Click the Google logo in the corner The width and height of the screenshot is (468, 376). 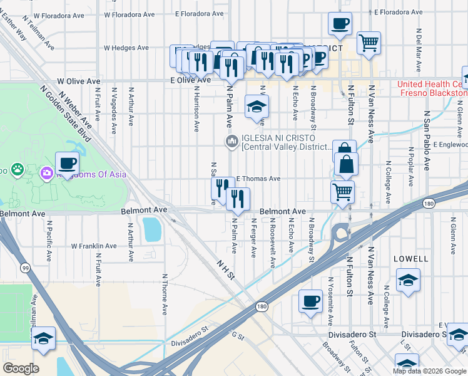21,368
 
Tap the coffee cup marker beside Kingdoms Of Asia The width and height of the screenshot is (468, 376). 68,164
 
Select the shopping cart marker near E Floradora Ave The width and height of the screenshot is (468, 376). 369,43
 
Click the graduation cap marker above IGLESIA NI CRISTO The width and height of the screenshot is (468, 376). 257,107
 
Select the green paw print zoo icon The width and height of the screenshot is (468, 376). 17,169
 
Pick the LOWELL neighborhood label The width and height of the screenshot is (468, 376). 411,259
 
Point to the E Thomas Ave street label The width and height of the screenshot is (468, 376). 258,179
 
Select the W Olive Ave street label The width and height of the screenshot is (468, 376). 79,81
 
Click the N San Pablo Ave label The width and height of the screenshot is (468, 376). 427,141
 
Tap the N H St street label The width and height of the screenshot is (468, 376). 225,269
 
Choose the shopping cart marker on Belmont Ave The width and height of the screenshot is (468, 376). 342,192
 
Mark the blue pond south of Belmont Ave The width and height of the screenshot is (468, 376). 151,230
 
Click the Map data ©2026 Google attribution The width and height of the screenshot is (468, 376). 429,371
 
